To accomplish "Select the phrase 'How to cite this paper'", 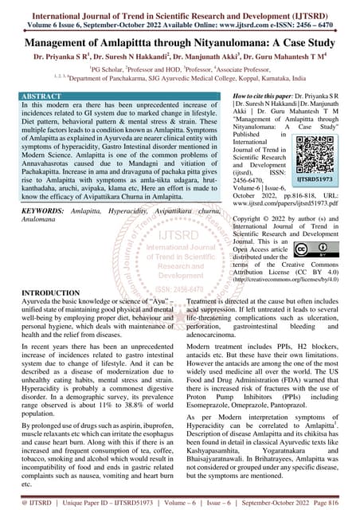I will [x=238, y=95].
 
